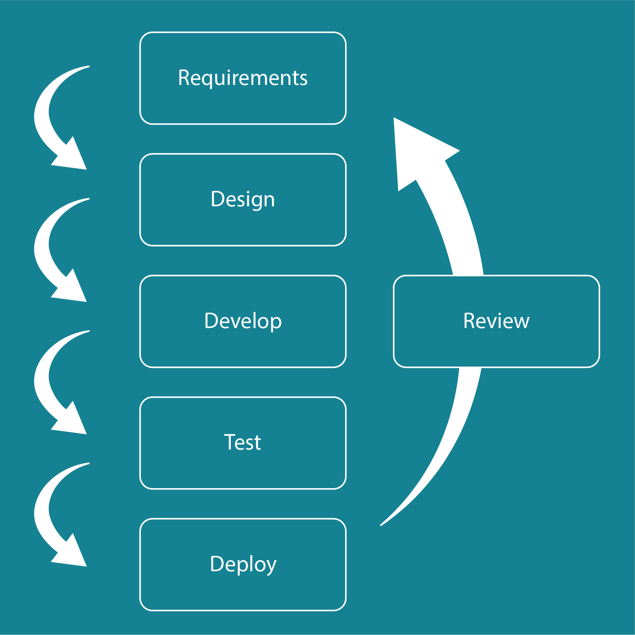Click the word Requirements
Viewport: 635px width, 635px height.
coord(243,78)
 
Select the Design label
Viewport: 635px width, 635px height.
coord(243,199)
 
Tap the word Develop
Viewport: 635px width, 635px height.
coord(243,321)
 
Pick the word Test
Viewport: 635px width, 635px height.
coord(243,442)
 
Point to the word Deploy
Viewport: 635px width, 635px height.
coord(243,564)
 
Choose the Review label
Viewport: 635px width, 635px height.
coord(496,321)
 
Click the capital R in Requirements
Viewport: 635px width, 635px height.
coord(185,78)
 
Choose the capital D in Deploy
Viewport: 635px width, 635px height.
coord(217,564)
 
